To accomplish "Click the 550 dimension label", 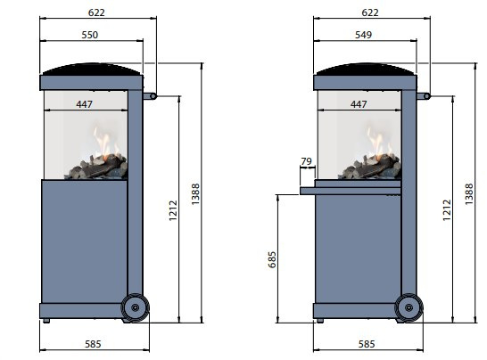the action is coord(90,35).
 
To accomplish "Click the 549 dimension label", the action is coord(363,35).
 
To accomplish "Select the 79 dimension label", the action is coord(306,161).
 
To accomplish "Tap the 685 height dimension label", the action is coord(272,259).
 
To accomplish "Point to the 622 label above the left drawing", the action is coord(96,12).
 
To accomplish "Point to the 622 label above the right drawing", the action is coord(370,12).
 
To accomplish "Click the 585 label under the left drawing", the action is coord(93,344).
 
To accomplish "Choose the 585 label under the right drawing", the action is coord(367,344).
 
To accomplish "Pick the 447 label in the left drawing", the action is coord(84,104).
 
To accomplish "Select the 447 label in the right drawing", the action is coord(359,104).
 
